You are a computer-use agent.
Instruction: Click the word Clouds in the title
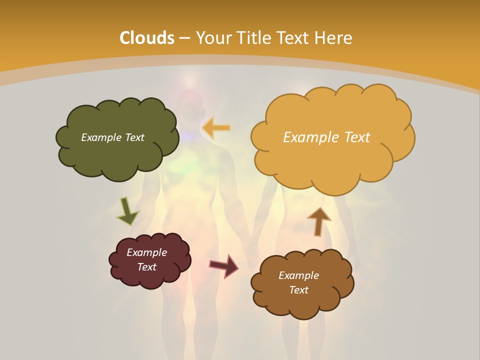click(x=147, y=38)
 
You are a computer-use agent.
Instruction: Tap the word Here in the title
click(x=334, y=38)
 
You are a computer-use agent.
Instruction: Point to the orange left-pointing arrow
click(x=216, y=128)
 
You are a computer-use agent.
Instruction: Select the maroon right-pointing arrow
click(x=224, y=265)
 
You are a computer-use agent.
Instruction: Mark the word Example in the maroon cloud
click(x=146, y=252)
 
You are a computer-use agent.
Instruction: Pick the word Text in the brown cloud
click(x=298, y=290)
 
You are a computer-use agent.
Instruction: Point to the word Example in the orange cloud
click(x=310, y=137)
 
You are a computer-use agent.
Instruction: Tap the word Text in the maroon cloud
click(x=146, y=267)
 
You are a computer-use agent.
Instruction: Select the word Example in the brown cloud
click(x=298, y=275)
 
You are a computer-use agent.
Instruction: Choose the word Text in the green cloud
click(x=134, y=137)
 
